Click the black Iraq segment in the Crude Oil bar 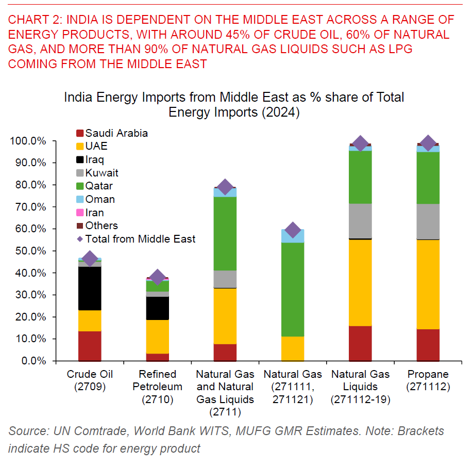pos(90,288)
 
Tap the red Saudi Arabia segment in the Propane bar pos(428,345)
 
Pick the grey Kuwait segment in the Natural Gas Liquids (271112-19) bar pos(360,221)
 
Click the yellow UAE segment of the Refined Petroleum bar pos(157,337)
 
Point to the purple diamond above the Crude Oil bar pos(90,259)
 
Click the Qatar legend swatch pos(79,186)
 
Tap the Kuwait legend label pos(102,173)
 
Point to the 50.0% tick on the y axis pos(32,251)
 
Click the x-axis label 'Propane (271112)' pos(428,380)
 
